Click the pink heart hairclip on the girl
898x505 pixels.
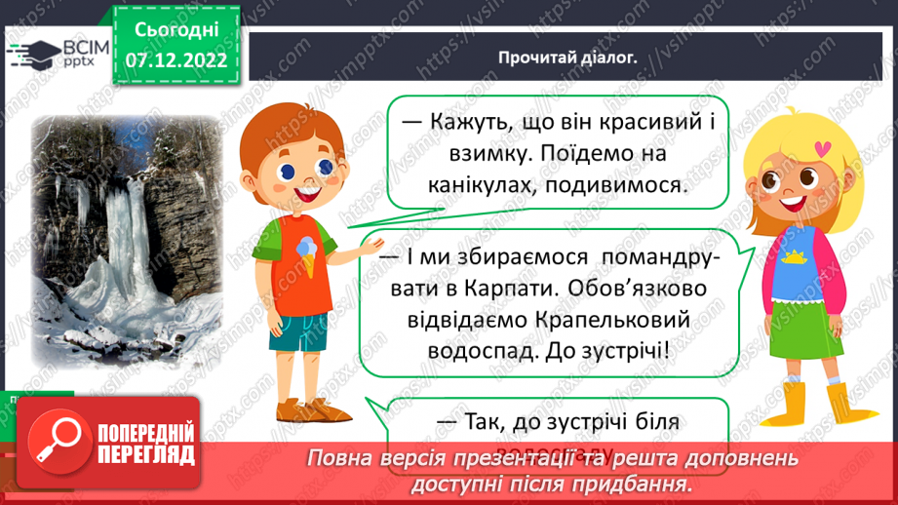825,149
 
